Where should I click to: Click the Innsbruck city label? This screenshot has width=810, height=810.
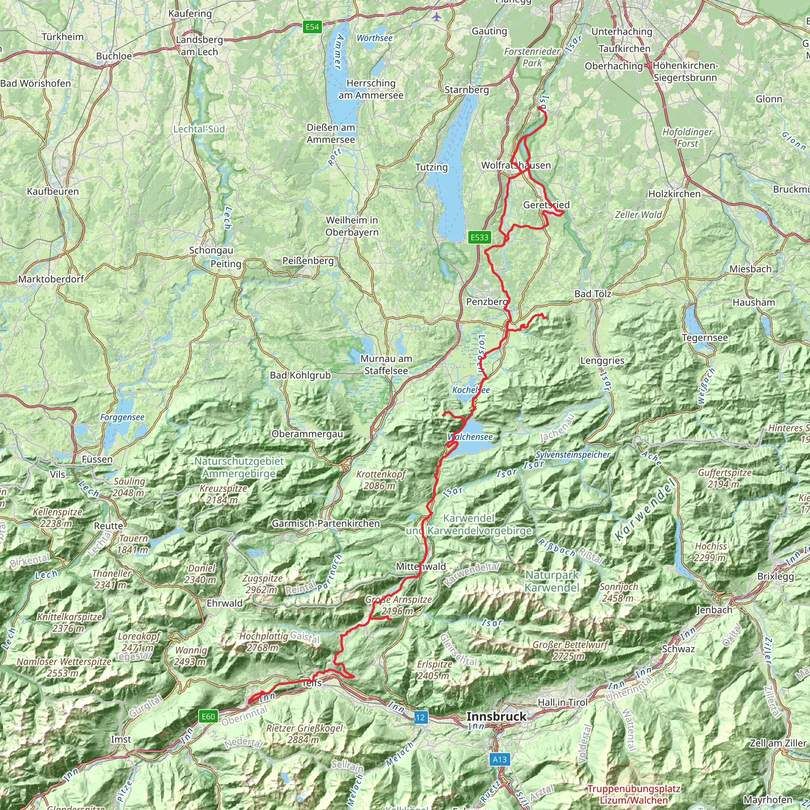click(x=496, y=717)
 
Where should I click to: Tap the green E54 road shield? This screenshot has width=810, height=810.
click(x=312, y=27)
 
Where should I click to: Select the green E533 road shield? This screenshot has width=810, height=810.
click(x=479, y=237)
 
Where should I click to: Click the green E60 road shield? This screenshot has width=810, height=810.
click(x=208, y=716)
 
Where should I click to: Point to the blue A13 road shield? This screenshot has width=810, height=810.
click(x=500, y=759)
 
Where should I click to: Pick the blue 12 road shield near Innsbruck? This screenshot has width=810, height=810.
click(x=420, y=717)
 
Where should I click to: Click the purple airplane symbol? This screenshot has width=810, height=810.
click(x=437, y=17)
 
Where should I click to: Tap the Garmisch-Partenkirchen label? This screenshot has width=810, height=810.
click(x=326, y=523)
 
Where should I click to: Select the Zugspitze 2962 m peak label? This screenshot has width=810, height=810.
click(x=262, y=584)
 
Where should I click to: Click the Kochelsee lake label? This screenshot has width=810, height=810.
click(x=471, y=390)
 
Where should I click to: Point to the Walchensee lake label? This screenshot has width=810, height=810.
click(x=470, y=437)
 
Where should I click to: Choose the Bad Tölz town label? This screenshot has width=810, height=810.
click(x=592, y=294)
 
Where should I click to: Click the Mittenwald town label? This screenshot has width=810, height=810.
click(x=421, y=566)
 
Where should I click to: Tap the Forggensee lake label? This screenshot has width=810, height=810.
click(x=122, y=417)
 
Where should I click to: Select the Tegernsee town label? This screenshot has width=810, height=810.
click(x=705, y=337)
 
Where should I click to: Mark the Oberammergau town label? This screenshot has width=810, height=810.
click(x=307, y=434)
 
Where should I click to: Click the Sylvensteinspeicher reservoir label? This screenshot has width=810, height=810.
click(x=573, y=454)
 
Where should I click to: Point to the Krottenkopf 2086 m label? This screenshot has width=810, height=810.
click(x=381, y=480)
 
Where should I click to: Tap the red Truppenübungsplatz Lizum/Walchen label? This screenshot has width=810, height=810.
click(x=633, y=794)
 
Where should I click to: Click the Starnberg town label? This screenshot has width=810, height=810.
click(x=466, y=90)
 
